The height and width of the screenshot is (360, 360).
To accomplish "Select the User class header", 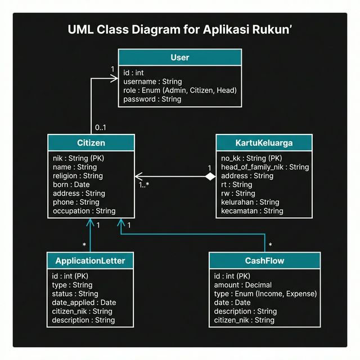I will (179, 57).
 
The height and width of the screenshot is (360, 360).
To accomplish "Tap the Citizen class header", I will (91, 143).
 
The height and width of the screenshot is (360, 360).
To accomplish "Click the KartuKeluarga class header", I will (263, 143).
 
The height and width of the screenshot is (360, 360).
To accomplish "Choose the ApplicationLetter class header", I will (91, 260).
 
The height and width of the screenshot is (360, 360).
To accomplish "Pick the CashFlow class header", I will (264, 260).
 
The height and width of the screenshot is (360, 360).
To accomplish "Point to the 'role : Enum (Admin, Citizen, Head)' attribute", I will (179, 90).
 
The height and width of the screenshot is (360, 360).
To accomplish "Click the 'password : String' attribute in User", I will (152, 99).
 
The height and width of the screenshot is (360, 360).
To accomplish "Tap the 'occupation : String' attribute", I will (84, 211).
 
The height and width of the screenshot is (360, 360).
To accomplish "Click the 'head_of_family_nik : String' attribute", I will (265, 167).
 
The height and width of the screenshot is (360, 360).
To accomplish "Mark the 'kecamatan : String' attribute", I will (252, 211).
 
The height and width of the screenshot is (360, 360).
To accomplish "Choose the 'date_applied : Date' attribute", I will (84, 303).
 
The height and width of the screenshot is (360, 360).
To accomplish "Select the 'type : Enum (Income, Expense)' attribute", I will (265, 294).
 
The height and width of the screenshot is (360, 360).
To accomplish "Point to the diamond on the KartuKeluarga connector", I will (210, 176).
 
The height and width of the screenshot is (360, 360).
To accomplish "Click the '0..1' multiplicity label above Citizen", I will (101, 127).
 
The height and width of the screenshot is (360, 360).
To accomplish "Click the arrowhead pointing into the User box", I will (115, 78).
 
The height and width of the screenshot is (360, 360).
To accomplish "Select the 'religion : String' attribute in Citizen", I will (78, 175).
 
